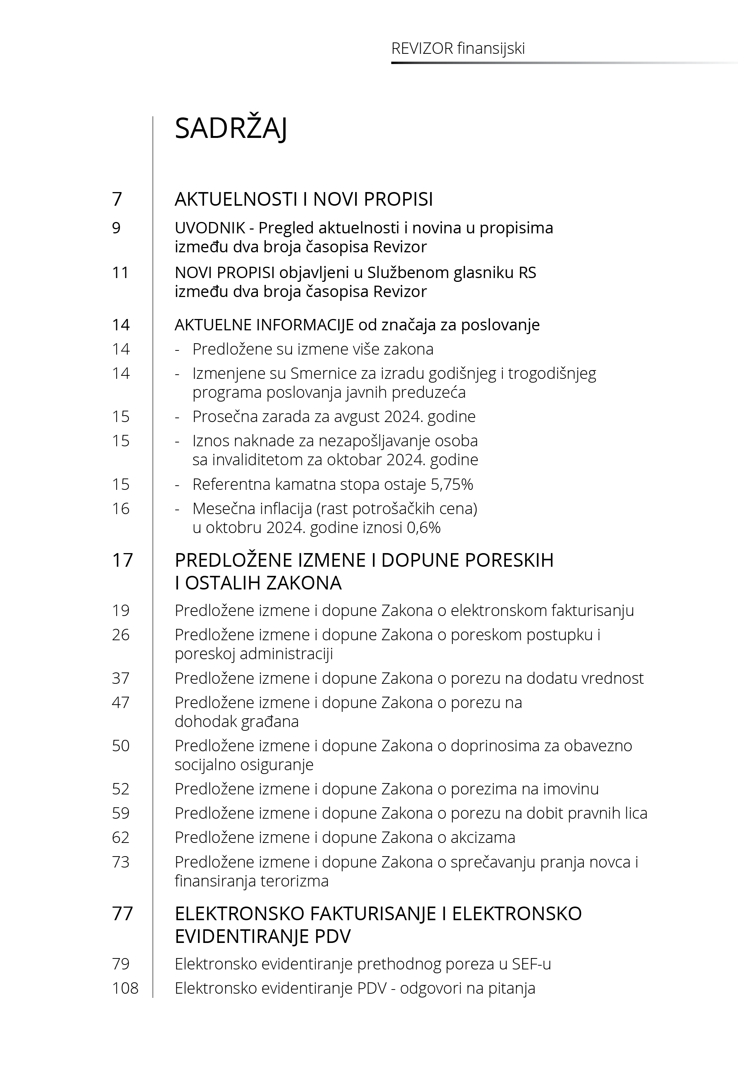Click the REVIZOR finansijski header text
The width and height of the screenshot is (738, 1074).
tap(458, 48)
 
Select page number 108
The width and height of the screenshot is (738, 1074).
tap(125, 988)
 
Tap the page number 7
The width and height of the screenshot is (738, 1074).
tap(117, 199)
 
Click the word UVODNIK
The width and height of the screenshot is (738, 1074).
tap(210, 228)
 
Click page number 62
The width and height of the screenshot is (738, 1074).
tap(121, 837)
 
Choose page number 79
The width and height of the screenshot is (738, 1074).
tap(121, 963)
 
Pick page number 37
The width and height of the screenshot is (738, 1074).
tap(121, 678)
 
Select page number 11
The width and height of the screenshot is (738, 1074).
tap(120, 272)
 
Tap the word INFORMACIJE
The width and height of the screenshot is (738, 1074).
tap(305, 325)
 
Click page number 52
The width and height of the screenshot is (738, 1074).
tap(121, 789)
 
